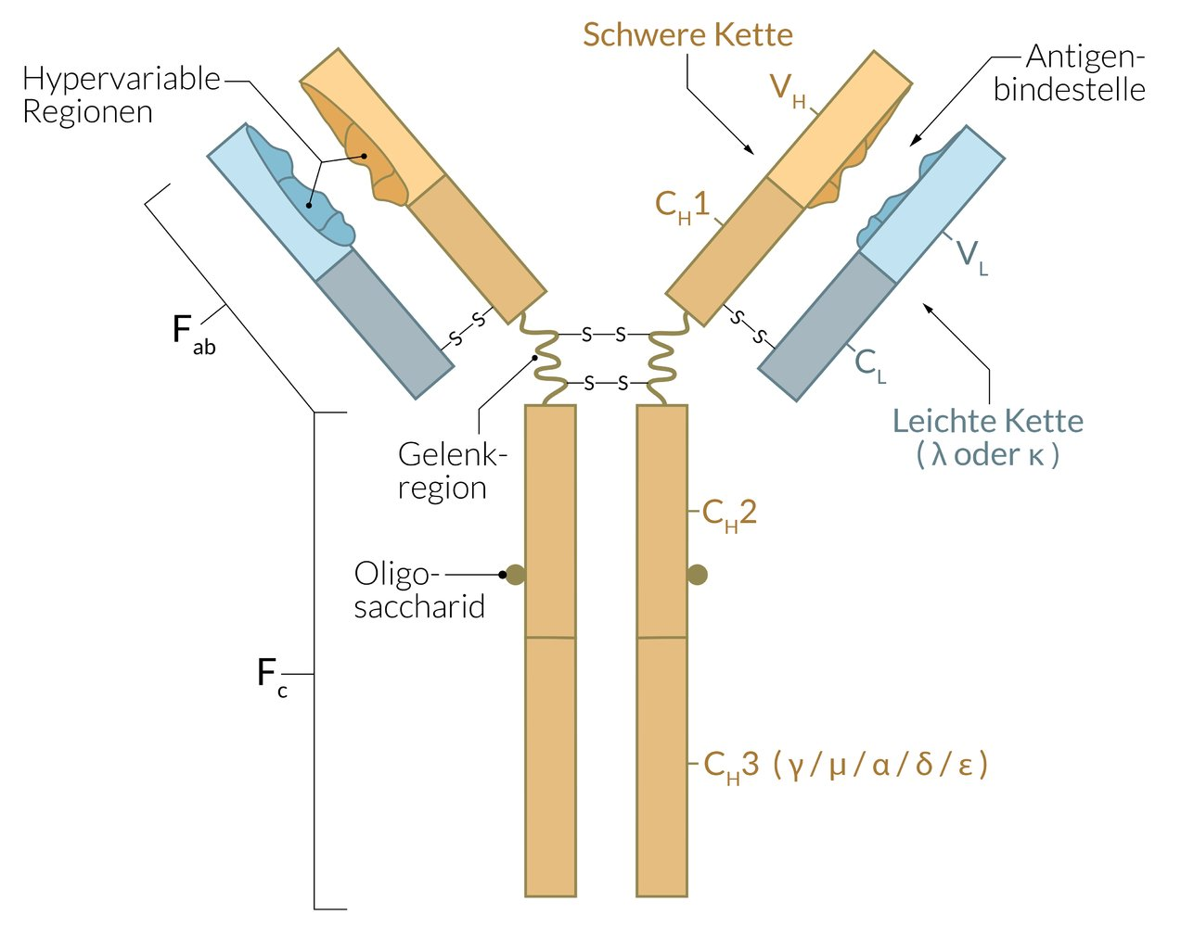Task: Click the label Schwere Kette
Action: [x=687, y=35]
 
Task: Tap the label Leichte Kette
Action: [x=987, y=421]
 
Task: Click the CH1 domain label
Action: [x=682, y=206]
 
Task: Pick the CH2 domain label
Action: [x=729, y=514]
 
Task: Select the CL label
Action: [x=870, y=364]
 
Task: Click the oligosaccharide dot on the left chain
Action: [x=515, y=575]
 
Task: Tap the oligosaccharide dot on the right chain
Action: [x=698, y=575]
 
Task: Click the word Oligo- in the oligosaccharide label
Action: [x=392, y=574]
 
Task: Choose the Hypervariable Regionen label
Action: [x=121, y=95]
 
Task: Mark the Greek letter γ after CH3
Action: [x=794, y=767]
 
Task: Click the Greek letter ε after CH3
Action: [x=966, y=767]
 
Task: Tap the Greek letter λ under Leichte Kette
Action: [x=939, y=455]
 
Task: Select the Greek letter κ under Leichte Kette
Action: [x=1036, y=455]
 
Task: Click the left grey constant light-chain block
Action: [x=385, y=324]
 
